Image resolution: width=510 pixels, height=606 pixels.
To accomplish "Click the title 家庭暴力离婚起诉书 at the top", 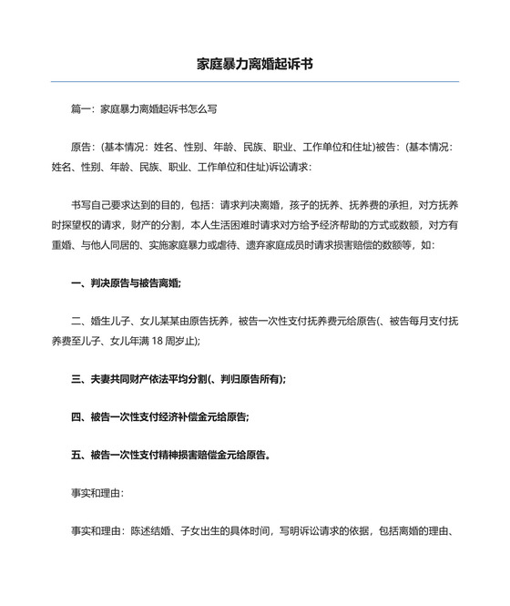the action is point(255,65).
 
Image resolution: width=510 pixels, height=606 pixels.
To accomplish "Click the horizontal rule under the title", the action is point(255,82).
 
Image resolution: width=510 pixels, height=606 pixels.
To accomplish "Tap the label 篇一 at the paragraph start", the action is point(82,108).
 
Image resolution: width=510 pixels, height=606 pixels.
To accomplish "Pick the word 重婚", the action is point(62,245).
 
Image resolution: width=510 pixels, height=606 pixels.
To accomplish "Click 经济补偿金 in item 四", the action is point(195,416).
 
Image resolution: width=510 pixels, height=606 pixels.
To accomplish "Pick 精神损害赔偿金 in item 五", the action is point(207,453).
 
